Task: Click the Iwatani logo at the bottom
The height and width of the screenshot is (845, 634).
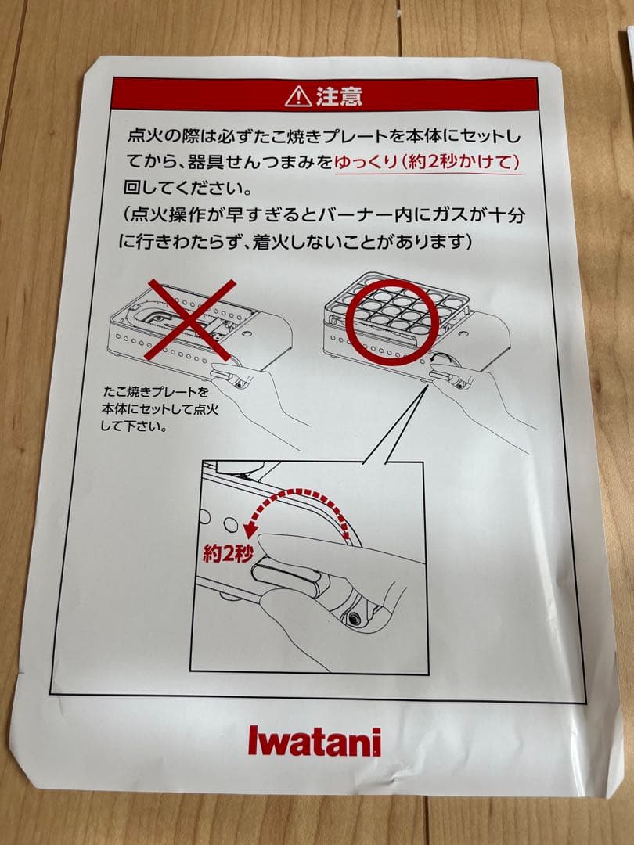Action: tap(315, 740)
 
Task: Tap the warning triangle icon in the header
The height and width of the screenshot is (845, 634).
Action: tap(298, 96)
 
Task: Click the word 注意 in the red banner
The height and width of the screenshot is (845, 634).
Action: tap(339, 96)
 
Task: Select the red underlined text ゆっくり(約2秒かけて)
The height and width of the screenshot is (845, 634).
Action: tap(428, 162)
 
